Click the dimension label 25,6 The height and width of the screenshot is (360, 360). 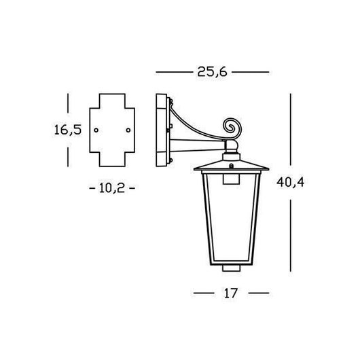click(212, 72)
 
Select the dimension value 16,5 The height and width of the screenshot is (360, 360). click(68, 130)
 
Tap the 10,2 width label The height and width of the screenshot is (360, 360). click(112, 188)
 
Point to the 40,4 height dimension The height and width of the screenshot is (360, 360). click(291, 183)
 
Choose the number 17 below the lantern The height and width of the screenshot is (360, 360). click(230, 293)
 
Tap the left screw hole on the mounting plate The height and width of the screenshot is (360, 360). click(96, 130)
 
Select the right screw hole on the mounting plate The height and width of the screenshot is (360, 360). click(128, 130)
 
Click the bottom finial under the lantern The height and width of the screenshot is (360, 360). click(231, 268)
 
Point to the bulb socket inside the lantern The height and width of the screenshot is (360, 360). click(231, 179)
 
